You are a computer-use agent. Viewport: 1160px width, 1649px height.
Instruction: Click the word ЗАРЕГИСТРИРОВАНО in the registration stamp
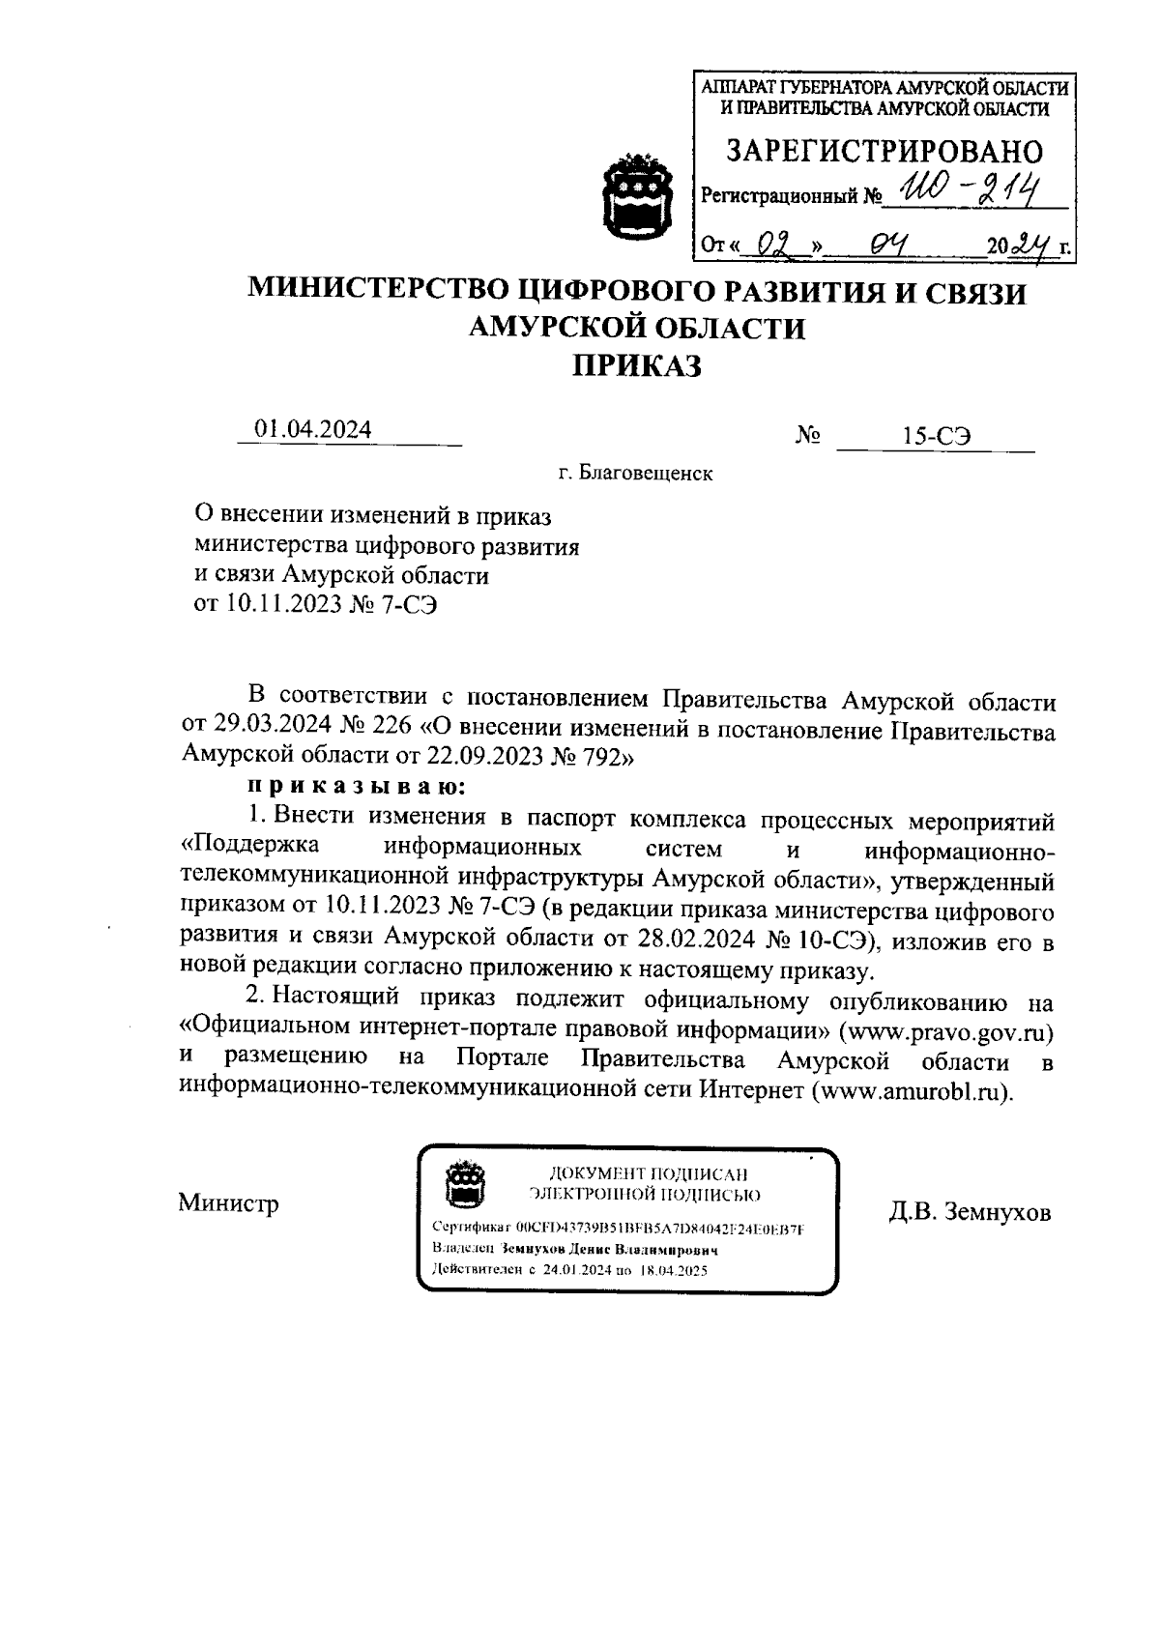point(884,152)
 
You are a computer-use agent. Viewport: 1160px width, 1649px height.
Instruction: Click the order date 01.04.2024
point(312,430)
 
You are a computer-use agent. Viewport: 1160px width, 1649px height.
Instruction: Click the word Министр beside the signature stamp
point(229,1203)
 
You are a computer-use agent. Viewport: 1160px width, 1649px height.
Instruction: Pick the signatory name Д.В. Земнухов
point(970,1212)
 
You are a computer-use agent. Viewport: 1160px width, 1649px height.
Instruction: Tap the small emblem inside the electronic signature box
point(463,1184)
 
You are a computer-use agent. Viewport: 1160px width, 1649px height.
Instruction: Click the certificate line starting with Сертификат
point(619,1229)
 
